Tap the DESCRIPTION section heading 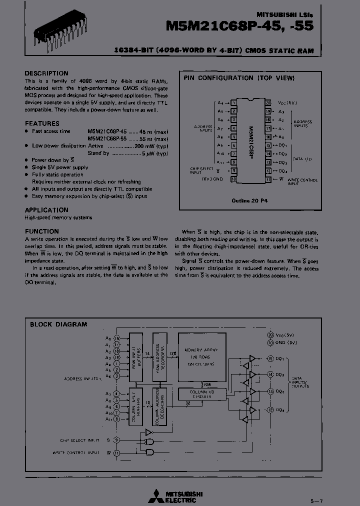pos(46,73)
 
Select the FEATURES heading pos(42,123)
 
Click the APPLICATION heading pos(46,210)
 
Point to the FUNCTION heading pos(42,231)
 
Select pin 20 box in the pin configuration pos(268,102)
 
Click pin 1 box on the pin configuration pos(233,102)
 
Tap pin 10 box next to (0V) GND pos(233,178)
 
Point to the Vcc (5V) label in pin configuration pos(284,102)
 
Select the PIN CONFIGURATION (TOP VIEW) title pos(239,78)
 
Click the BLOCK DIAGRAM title pos(58,324)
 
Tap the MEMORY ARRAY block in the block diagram pos(201,358)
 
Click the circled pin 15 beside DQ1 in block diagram pos(270,358)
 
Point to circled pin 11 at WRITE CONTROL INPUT pos(116,452)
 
